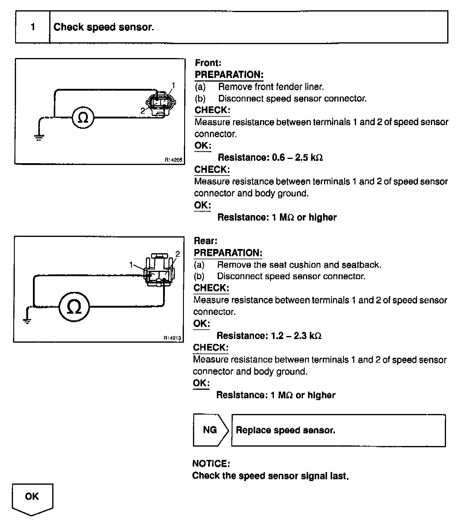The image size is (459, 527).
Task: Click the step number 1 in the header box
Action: click(33, 27)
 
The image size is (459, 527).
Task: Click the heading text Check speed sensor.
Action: click(104, 27)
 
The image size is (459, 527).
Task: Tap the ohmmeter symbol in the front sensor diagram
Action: click(83, 117)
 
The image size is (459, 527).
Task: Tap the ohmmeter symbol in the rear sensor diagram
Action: click(74, 306)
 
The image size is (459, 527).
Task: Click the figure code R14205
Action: click(173, 160)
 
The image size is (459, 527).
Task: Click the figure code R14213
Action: click(172, 338)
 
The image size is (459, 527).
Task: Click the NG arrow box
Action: click(210, 430)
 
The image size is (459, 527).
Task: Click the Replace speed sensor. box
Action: click(338, 430)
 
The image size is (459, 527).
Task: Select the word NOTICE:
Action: click(211, 464)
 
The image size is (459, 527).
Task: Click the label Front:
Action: click(208, 63)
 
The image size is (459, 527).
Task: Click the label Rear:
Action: click(206, 241)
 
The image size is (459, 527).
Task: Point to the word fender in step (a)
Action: click(283, 87)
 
